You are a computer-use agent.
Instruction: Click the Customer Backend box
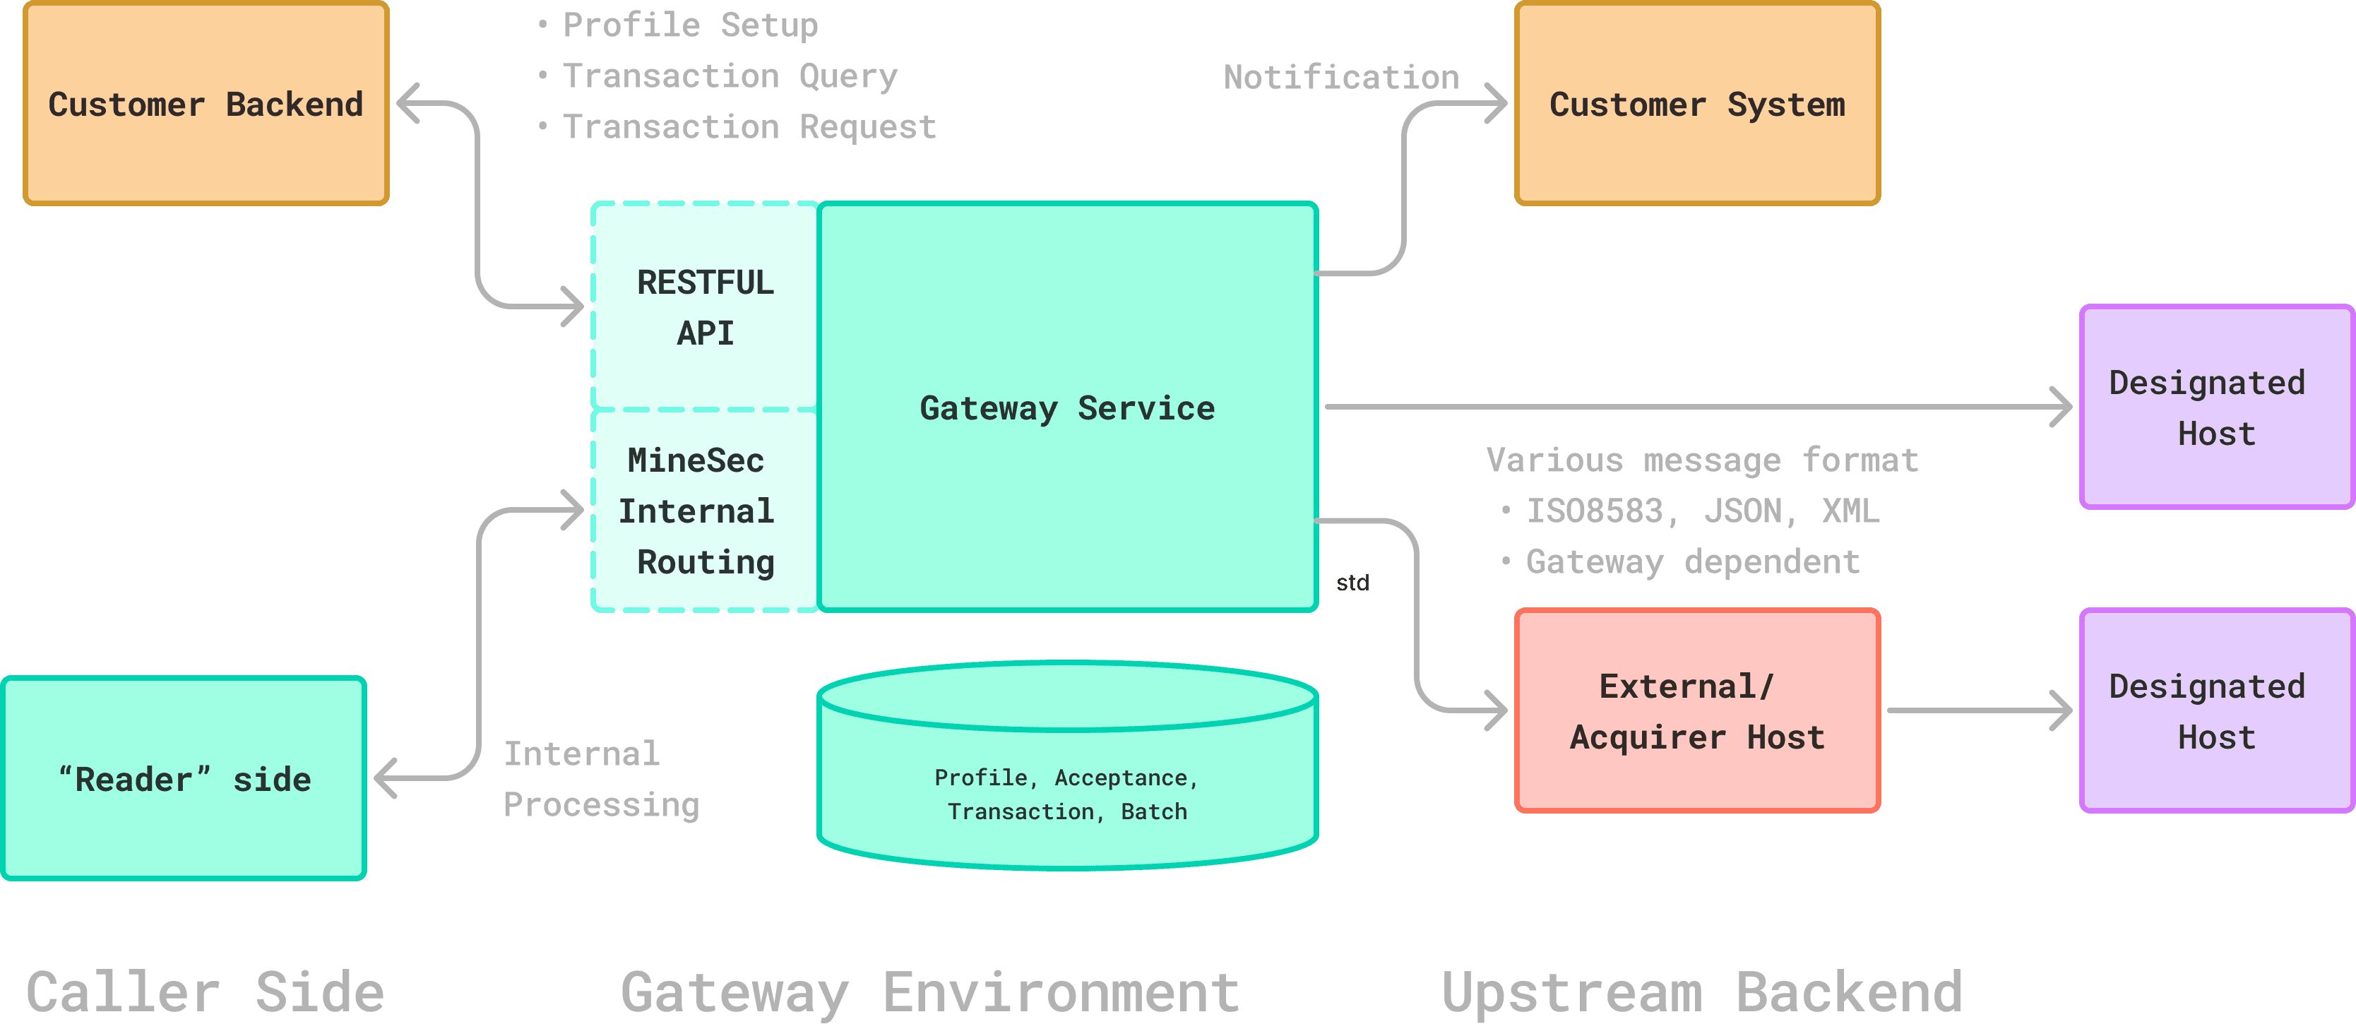[x=206, y=103]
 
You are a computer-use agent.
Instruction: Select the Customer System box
[x=1696, y=103]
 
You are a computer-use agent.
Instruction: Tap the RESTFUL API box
[x=705, y=306]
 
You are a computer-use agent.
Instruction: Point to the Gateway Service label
[x=1067, y=407]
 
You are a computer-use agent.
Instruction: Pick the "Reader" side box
[x=184, y=779]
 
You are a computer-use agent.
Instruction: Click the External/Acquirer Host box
[x=1696, y=711]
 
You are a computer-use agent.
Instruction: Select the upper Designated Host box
[x=2216, y=407]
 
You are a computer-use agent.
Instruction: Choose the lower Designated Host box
[x=2216, y=711]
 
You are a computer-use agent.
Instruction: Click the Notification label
[x=1341, y=77]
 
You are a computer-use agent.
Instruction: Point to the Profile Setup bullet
[x=689, y=25]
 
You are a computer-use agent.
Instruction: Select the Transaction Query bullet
[x=729, y=76]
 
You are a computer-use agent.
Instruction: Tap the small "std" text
[x=1352, y=583]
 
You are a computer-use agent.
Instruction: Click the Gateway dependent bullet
[x=1692, y=561]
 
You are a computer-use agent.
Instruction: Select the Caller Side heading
[x=205, y=992]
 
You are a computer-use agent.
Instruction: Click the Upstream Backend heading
[x=1702, y=992]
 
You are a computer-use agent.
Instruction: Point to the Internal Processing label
[x=601, y=779]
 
